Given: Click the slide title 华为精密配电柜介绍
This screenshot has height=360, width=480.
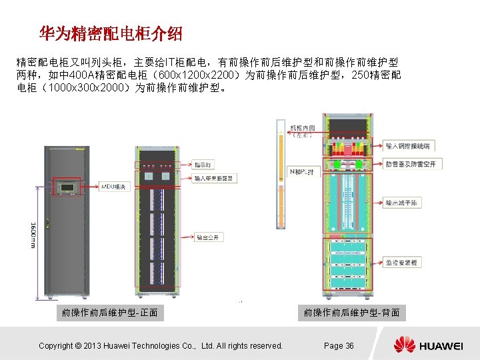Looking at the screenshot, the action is pos(110,33).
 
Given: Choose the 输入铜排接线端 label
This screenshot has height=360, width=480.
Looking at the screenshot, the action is pos(407,145).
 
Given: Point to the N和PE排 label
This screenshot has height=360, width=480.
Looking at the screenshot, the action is pos(301,172).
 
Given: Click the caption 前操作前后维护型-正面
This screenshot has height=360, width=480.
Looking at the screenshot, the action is pos(109,312).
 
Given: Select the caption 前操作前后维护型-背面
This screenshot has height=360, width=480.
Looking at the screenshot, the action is pos(351,312).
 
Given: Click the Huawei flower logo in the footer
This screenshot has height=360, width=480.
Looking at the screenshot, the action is pos(404,345).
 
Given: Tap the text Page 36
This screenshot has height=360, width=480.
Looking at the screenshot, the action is pos(339,345).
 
